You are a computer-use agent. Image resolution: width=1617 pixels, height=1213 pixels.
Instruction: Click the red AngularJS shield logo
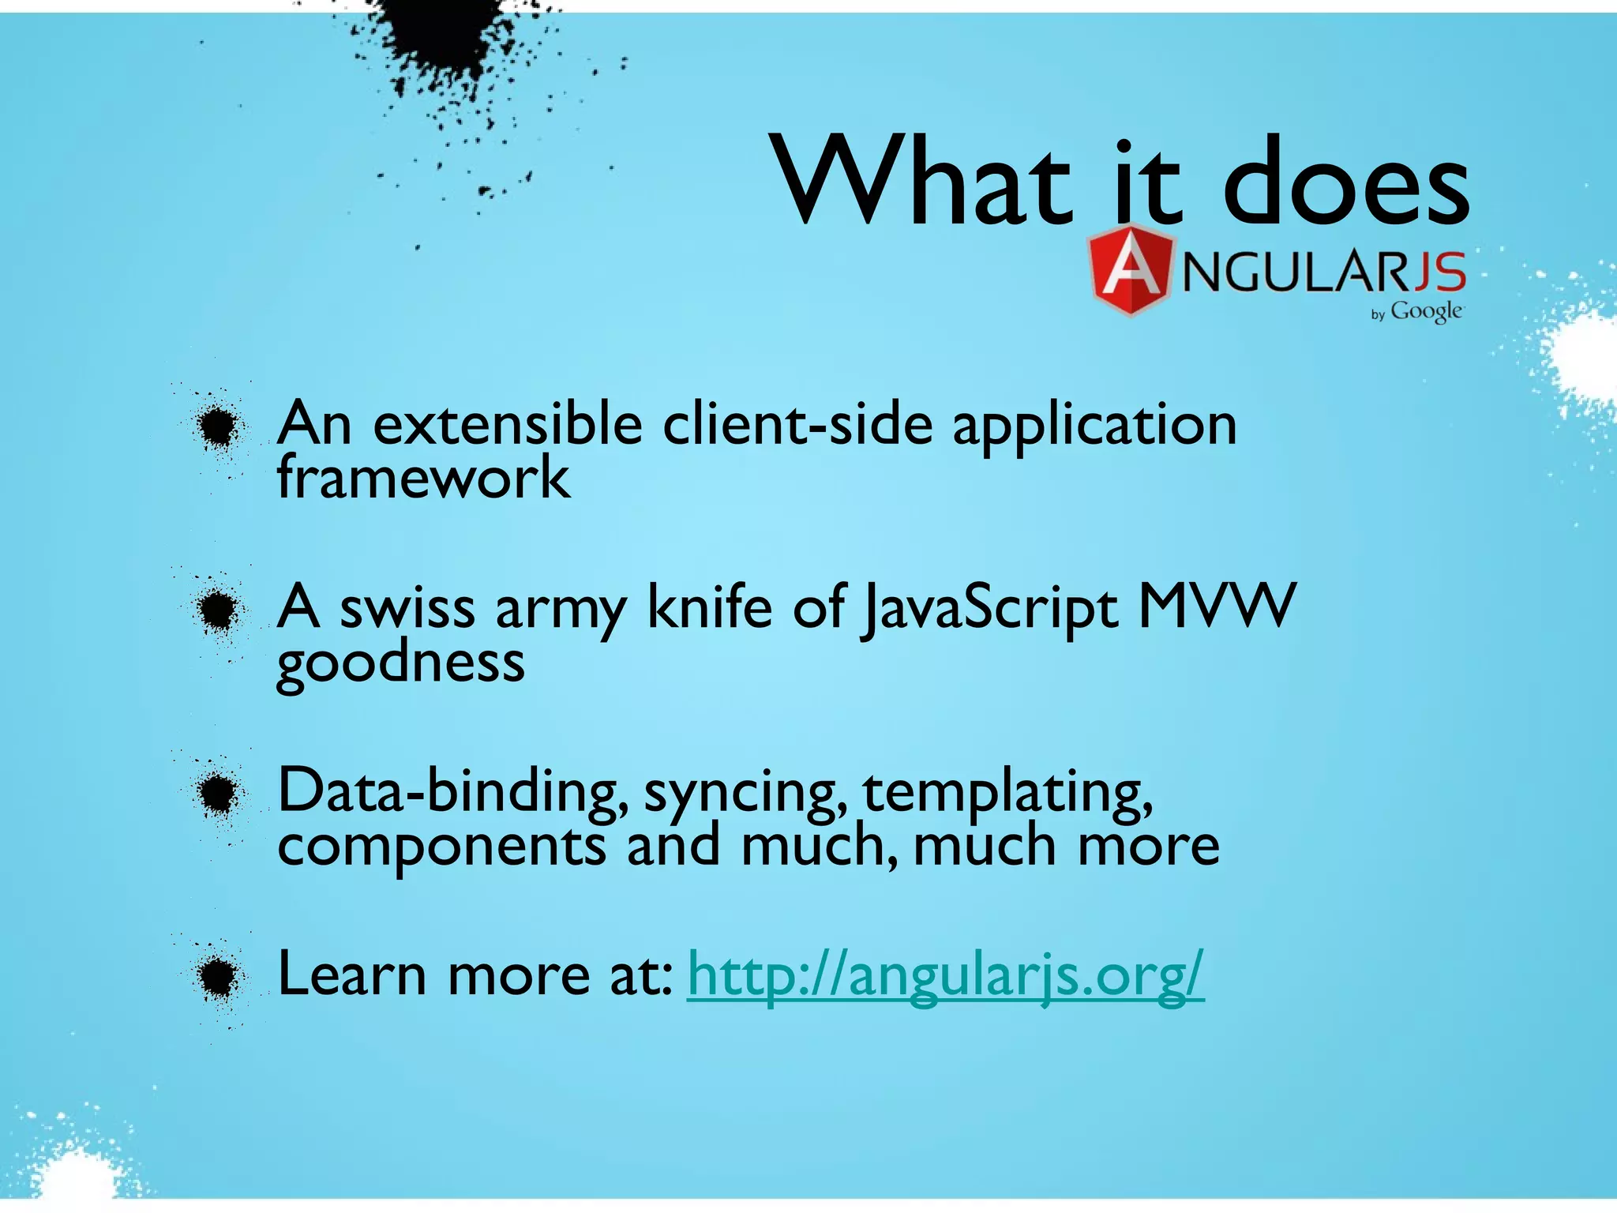click(x=1130, y=271)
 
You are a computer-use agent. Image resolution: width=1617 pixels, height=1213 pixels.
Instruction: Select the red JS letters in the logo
click(x=1439, y=272)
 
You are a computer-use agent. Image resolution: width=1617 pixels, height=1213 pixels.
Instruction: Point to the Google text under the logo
click(x=1426, y=312)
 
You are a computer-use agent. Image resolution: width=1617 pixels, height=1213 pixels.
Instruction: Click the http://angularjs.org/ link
click(x=945, y=976)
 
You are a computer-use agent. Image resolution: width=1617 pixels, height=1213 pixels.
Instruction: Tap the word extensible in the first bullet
click(x=508, y=425)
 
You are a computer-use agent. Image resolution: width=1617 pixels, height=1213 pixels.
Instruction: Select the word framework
click(x=423, y=478)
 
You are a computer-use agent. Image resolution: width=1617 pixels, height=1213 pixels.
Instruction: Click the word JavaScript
click(x=990, y=609)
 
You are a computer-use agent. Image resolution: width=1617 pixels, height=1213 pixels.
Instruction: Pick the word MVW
click(x=1217, y=606)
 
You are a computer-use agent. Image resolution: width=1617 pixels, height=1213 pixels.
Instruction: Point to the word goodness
click(x=400, y=663)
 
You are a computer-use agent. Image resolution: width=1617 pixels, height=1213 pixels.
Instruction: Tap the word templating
click(x=1007, y=792)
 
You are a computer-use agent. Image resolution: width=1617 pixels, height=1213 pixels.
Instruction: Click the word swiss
click(x=407, y=608)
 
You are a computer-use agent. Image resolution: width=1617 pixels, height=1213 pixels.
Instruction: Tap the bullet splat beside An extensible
click(x=217, y=427)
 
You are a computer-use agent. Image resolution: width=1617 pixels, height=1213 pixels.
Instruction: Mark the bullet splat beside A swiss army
click(x=217, y=610)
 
